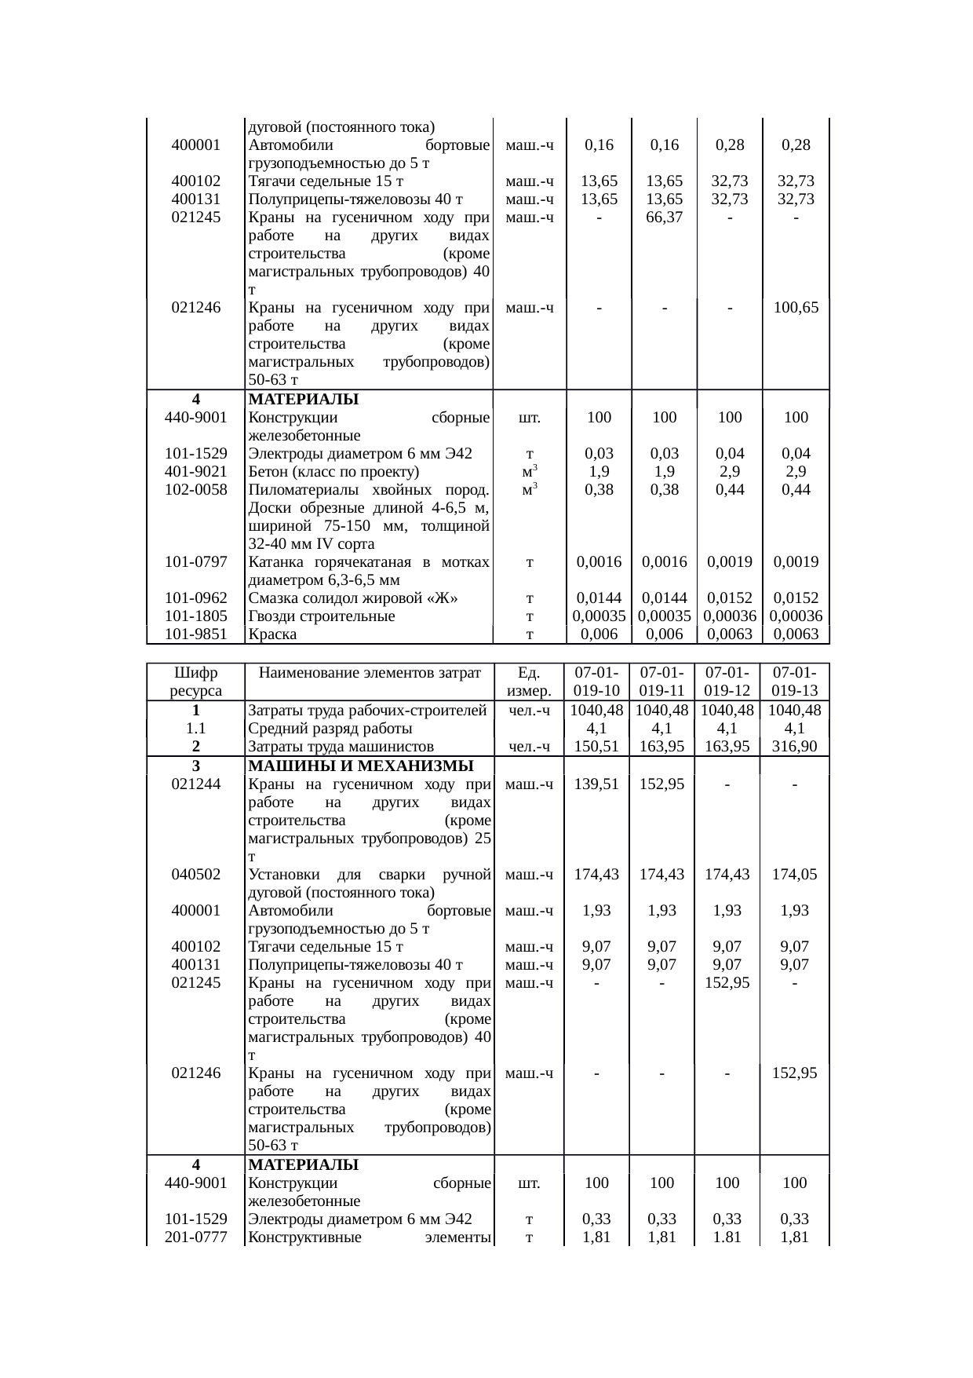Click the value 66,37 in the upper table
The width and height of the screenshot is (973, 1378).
pos(664,217)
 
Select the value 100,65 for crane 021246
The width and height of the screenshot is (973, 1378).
pos(796,308)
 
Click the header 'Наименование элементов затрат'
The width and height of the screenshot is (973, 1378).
pos(370,673)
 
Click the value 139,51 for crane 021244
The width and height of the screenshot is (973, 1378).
pos(597,784)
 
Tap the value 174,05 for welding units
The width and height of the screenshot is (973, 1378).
pos(795,874)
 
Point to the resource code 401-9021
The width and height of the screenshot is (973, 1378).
pos(195,472)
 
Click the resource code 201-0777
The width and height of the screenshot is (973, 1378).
pos(195,1239)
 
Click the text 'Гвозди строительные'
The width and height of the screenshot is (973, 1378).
pos(322,616)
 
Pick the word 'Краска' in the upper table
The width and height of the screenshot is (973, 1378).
pos(272,634)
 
